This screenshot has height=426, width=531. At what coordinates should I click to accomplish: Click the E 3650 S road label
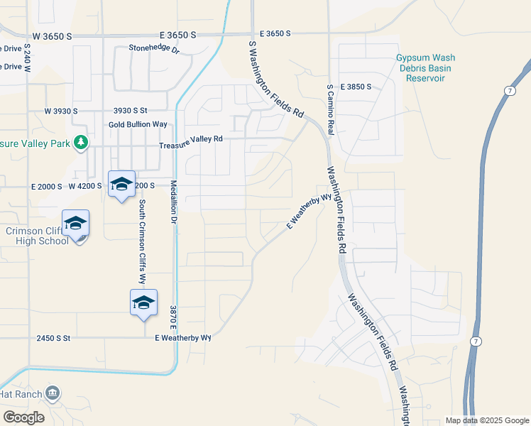[x=275, y=33]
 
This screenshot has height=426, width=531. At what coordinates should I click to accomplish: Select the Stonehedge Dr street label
[x=155, y=50]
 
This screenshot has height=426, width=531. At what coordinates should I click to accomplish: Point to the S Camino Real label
[x=330, y=109]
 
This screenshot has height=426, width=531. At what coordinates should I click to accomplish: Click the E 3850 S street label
[x=356, y=87]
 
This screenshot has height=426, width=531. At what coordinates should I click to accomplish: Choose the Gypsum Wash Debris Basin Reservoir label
[x=426, y=68]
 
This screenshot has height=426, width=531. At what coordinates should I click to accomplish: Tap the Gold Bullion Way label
[x=138, y=124]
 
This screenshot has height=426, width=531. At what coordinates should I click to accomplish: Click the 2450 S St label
[x=54, y=339]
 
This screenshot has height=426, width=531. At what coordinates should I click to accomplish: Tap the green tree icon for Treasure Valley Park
[x=82, y=142]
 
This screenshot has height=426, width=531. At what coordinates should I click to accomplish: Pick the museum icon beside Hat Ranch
[x=53, y=393]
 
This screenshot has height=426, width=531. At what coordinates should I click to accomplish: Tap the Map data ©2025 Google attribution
[x=486, y=420]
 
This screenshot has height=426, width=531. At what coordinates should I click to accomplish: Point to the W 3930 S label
[x=60, y=111]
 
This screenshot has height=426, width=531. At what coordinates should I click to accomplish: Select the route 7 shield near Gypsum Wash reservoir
[x=510, y=90]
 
